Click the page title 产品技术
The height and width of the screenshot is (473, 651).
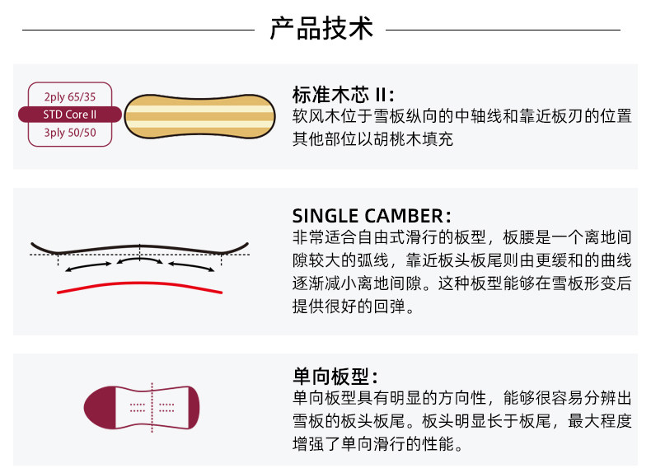[321, 28]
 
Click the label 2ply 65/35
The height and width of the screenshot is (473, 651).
[70, 96]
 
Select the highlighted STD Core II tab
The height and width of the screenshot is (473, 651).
[70, 115]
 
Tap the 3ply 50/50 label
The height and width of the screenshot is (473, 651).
[70, 132]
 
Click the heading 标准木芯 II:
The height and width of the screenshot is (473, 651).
[343, 93]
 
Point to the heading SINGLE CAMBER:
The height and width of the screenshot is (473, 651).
[371, 216]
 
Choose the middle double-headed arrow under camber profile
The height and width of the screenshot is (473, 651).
[139, 261]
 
